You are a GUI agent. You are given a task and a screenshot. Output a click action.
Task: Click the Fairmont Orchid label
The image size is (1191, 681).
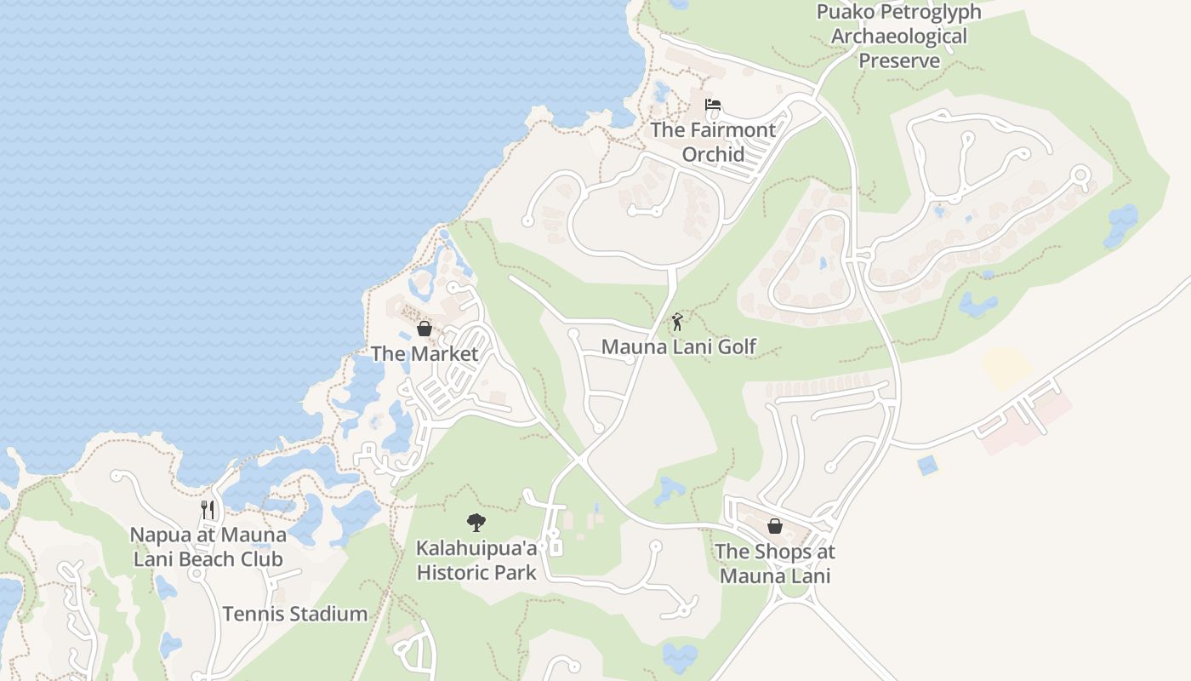(x=713, y=141)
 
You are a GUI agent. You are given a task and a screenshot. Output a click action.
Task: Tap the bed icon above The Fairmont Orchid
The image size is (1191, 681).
(x=713, y=105)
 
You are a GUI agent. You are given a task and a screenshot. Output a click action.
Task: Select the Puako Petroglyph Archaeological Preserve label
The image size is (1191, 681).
(x=898, y=37)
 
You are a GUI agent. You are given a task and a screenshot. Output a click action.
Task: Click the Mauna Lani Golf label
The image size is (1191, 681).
(x=678, y=346)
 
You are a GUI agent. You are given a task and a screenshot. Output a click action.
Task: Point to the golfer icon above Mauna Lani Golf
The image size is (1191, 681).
(x=677, y=322)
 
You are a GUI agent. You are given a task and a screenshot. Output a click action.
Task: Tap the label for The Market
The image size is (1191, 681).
(x=425, y=353)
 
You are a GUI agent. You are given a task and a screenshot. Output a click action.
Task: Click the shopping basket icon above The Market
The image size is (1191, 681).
(x=425, y=329)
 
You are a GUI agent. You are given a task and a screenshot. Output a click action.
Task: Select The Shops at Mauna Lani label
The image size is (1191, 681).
(x=774, y=564)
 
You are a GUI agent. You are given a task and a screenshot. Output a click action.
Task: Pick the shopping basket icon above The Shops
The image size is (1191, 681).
(x=775, y=526)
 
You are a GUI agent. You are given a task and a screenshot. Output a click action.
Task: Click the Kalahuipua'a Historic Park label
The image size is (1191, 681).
(x=476, y=560)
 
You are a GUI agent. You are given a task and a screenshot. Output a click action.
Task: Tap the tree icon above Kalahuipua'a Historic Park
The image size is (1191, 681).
(x=476, y=523)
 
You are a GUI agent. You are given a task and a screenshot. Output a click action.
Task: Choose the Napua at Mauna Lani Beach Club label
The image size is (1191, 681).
(x=208, y=547)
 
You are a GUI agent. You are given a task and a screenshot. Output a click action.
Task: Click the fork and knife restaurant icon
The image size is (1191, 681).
(x=208, y=510)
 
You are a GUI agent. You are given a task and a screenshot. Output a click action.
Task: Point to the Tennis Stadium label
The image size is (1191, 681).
(x=295, y=614)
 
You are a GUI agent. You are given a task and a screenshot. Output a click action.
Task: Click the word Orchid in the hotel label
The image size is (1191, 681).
(x=713, y=154)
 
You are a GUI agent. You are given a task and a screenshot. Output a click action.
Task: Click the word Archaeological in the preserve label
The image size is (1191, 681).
(x=898, y=37)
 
